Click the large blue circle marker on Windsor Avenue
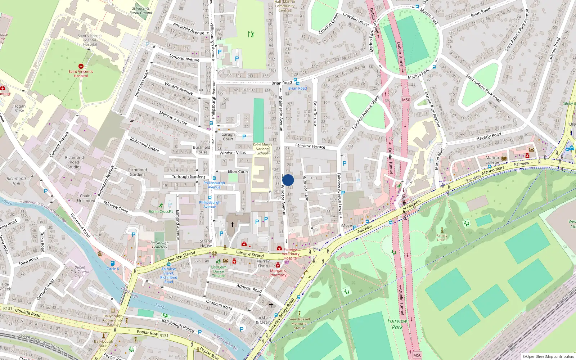point(288,180)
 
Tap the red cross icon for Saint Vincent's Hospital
point(81,66)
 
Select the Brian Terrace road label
point(315,113)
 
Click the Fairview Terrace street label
point(310,146)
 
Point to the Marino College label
point(492,160)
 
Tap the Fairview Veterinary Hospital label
point(291,254)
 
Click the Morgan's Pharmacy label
point(278,273)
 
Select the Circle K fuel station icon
point(113,263)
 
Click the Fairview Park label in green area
point(397,324)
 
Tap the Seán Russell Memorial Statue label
point(299,323)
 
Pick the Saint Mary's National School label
point(262,149)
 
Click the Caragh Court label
point(228,137)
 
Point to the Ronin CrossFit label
point(161,212)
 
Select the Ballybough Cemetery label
point(159,245)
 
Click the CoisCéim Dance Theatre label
point(219,271)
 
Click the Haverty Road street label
point(489,136)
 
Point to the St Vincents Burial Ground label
point(141,10)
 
